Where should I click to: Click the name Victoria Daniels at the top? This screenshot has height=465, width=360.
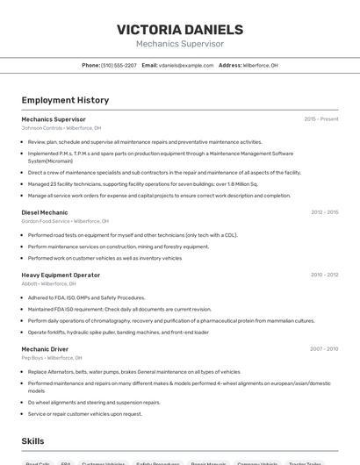179,29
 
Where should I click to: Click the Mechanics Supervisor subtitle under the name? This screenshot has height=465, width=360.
179,44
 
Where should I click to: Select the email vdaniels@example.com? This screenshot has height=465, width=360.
186,66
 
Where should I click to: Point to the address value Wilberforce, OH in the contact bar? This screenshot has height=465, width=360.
260,66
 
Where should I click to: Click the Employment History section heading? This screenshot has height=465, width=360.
65,100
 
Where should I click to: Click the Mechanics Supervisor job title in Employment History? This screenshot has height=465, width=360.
54,119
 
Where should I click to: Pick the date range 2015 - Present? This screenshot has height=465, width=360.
320,119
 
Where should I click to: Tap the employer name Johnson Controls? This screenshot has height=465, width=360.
42,128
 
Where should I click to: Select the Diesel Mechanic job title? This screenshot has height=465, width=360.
45,212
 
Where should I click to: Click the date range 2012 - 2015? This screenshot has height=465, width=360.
324,212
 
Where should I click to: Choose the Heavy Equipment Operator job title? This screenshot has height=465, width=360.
61,275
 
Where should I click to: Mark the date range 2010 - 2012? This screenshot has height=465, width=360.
324,275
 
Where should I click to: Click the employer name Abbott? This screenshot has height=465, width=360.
29,283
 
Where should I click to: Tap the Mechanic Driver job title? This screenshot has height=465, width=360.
45,348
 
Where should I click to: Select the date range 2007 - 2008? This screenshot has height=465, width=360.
324,348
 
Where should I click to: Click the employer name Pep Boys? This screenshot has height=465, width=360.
32,357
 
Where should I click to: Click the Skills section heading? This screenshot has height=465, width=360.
32,441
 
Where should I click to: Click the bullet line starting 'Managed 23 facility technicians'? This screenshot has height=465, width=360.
143,184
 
